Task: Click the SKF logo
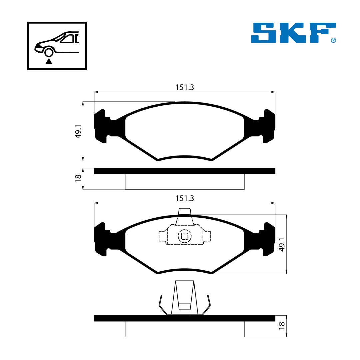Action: [x=293, y=33]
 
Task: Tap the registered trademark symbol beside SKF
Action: [x=333, y=40]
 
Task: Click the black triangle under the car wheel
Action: [x=49, y=61]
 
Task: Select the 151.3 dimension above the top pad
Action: [x=185, y=87]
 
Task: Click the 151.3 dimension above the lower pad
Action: [x=185, y=198]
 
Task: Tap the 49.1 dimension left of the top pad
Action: [x=78, y=132]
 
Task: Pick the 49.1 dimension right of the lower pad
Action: [x=282, y=245]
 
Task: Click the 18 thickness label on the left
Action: [x=78, y=178]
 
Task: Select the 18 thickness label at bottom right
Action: [x=282, y=326]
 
